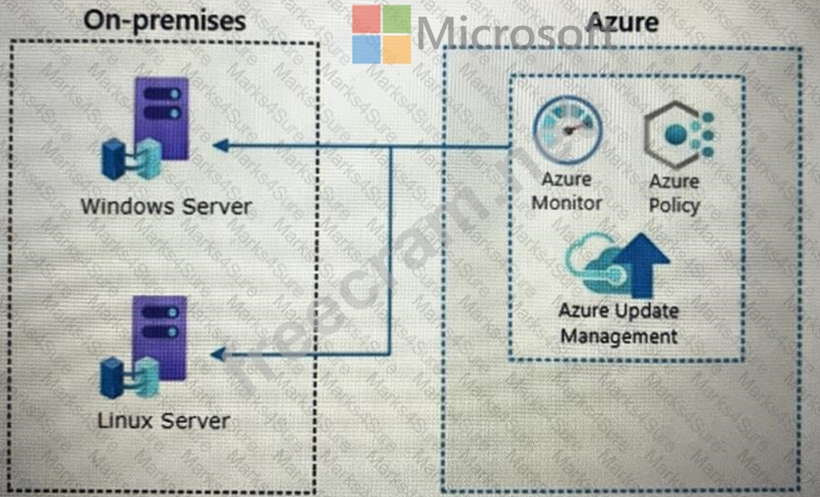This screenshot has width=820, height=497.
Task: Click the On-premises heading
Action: click(x=164, y=20)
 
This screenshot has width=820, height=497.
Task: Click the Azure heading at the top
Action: click(x=622, y=20)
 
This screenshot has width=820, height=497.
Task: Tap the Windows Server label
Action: click(x=166, y=205)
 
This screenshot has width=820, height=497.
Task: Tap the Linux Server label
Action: click(x=164, y=419)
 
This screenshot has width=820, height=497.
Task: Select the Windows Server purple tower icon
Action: click(x=161, y=118)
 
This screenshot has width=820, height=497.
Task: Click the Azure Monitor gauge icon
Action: click(x=567, y=133)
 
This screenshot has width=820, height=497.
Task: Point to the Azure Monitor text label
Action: click(x=567, y=191)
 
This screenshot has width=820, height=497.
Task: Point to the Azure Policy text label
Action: click(x=674, y=193)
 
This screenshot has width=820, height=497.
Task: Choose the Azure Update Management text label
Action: click(x=619, y=323)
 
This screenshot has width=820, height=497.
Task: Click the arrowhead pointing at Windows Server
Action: click(x=220, y=145)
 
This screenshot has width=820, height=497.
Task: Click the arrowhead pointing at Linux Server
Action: click(x=218, y=354)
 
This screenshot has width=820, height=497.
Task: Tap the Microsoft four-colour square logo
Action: click(x=381, y=35)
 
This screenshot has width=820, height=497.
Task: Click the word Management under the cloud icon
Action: click(x=619, y=335)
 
